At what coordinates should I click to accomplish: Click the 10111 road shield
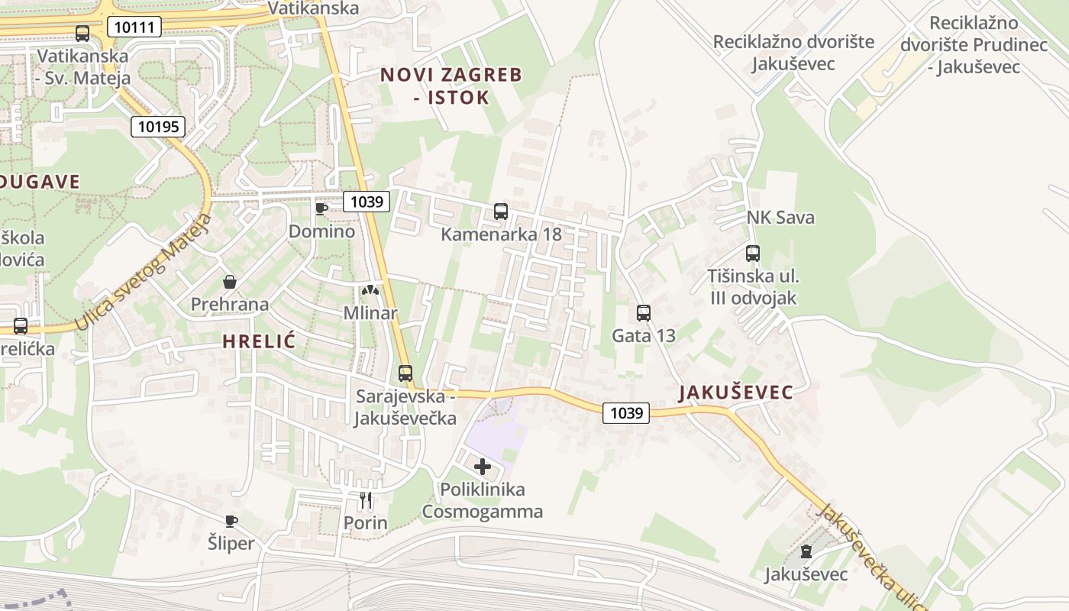pyautogui.click(x=134, y=28)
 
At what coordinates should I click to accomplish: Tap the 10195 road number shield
pyautogui.click(x=158, y=126)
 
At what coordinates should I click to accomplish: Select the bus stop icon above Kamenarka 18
pyautogui.click(x=501, y=212)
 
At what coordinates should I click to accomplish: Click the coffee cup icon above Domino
pyautogui.click(x=321, y=209)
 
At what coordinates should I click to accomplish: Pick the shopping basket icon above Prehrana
pyautogui.click(x=230, y=282)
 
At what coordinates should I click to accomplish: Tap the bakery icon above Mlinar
pyautogui.click(x=370, y=290)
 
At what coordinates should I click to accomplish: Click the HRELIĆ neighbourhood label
pyautogui.click(x=259, y=342)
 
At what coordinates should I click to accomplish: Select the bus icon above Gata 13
pyautogui.click(x=644, y=312)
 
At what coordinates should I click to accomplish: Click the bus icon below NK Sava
pyautogui.click(x=753, y=254)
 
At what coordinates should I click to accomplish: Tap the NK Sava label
pyautogui.click(x=780, y=218)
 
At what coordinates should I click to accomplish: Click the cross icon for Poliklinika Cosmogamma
pyautogui.click(x=483, y=466)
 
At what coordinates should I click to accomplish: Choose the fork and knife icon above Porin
pyautogui.click(x=366, y=500)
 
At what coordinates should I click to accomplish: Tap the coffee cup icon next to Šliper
pyautogui.click(x=231, y=521)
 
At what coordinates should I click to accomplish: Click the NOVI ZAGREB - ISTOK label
pyautogui.click(x=451, y=86)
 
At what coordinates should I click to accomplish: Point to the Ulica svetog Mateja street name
pyautogui.click(x=141, y=273)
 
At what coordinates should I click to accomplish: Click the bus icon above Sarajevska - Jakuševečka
pyautogui.click(x=405, y=373)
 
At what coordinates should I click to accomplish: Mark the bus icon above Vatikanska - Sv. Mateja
pyautogui.click(x=82, y=34)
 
